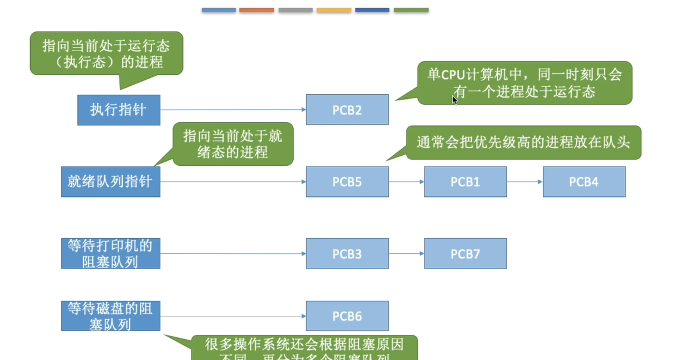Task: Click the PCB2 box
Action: pos(347,110)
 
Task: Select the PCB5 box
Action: pos(347,182)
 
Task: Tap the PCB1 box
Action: pos(465,182)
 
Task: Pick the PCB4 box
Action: pos(584,182)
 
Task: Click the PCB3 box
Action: pos(347,253)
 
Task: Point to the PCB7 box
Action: pos(465,253)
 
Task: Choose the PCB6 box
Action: pos(347,316)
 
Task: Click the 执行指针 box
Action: pos(119,110)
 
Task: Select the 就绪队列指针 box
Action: pos(111,182)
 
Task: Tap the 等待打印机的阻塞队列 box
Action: pos(111,253)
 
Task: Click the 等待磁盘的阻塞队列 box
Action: pos(111,316)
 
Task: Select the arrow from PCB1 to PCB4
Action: pos(525,182)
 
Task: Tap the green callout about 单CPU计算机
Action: pos(524,83)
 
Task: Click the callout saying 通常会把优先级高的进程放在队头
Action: pos(523,143)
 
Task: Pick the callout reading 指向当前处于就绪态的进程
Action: pos(233,144)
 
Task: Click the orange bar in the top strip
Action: pos(257,10)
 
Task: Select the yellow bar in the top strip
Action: pos(334,10)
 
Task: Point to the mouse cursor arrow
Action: pos(454,100)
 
